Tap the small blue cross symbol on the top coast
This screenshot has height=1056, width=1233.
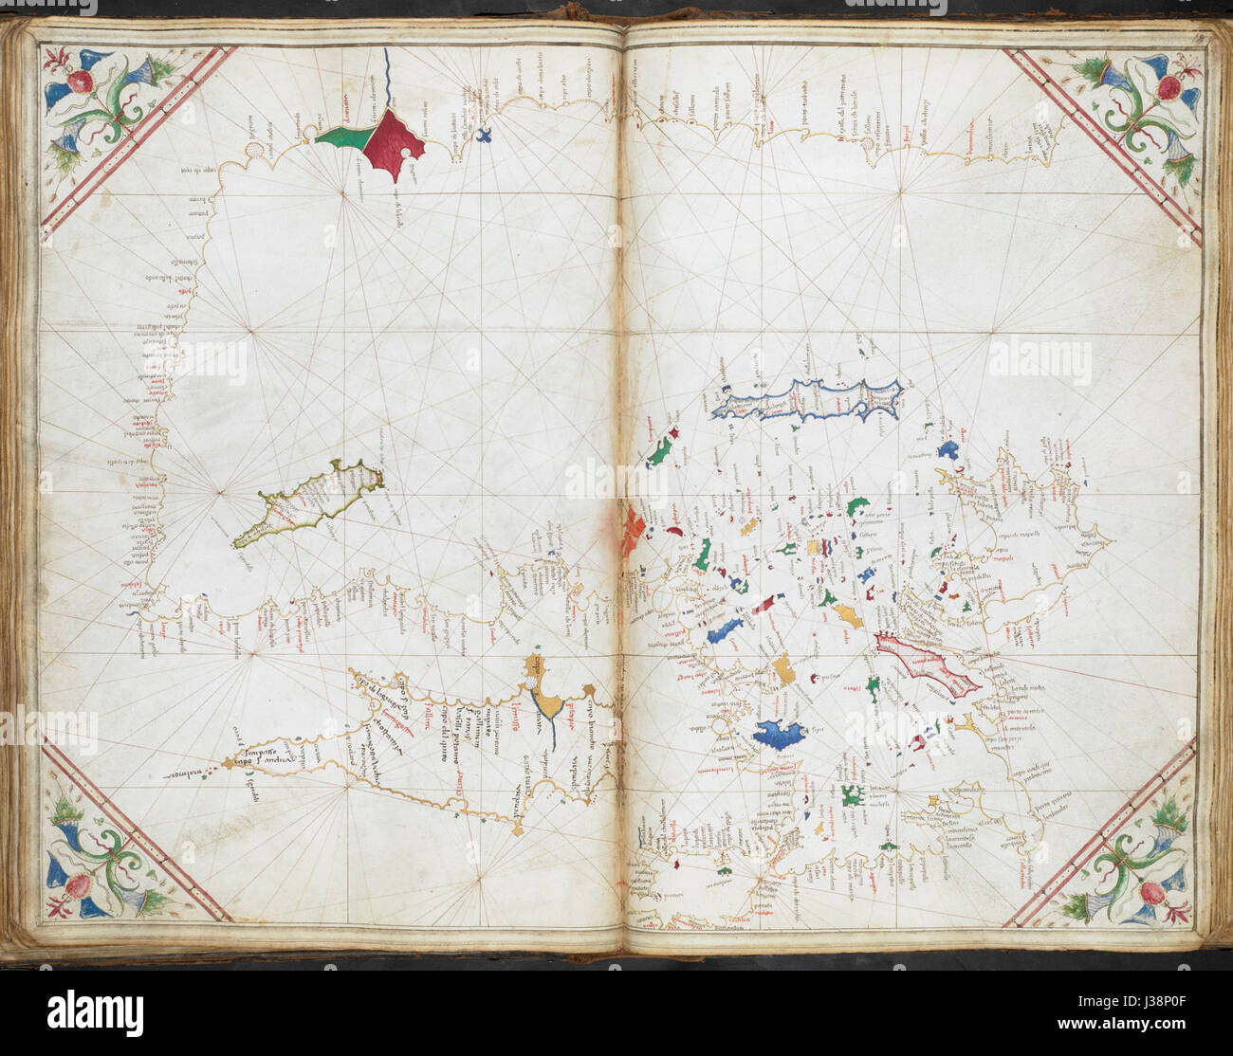pyautogui.click(x=486, y=135)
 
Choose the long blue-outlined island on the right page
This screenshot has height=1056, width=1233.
pyautogui.click(x=806, y=400)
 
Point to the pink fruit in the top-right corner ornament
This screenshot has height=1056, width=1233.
pyautogui.click(x=1169, y=87)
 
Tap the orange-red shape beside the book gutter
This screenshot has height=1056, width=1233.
pyautogui.click(x=632, y=532)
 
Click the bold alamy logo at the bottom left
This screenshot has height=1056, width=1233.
pyautogui.click(x=95, y=1013)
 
